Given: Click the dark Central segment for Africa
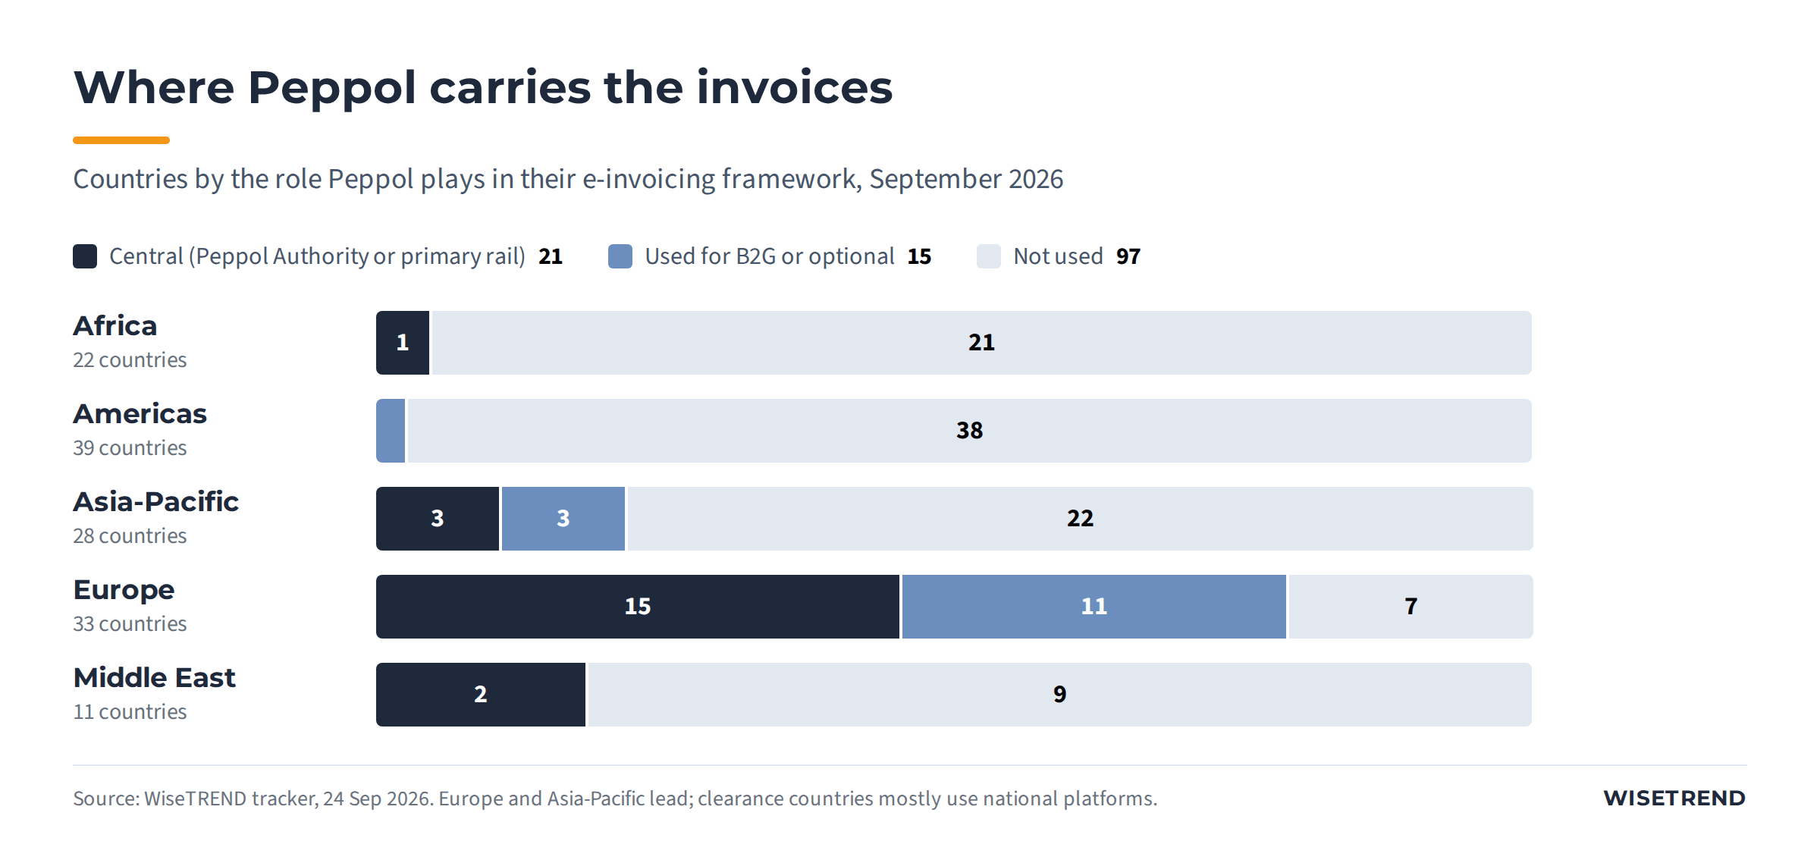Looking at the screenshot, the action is pos(403,343).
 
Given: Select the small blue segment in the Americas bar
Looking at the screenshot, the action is pos(391,431).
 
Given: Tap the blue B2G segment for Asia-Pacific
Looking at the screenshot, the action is pos(563,519).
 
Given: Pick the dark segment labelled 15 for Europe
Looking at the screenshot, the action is pos(638,607).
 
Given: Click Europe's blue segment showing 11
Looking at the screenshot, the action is pos(1094,607).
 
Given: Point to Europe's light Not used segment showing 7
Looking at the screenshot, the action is pos(1411,607).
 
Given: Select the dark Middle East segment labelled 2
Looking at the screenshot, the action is pos(481,695).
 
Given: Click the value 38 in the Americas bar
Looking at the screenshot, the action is pos(969,431).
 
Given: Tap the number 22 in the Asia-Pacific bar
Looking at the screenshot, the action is pos(1080,519).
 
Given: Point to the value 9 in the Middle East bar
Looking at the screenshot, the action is pos(1059,695).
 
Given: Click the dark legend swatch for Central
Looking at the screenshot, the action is pos(85,256).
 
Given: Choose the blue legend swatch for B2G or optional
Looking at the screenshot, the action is pos(620,256).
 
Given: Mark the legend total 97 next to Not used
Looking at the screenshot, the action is pos(1128,256).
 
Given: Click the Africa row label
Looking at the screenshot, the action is pos(115,326).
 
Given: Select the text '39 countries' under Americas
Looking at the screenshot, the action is pos(130,448).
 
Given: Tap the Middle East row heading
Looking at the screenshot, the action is pos(155,678).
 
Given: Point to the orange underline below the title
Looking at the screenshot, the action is pos(121,140).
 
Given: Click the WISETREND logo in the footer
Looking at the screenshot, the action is pos(1674,799).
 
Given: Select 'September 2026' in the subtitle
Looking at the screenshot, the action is pos(966,180).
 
